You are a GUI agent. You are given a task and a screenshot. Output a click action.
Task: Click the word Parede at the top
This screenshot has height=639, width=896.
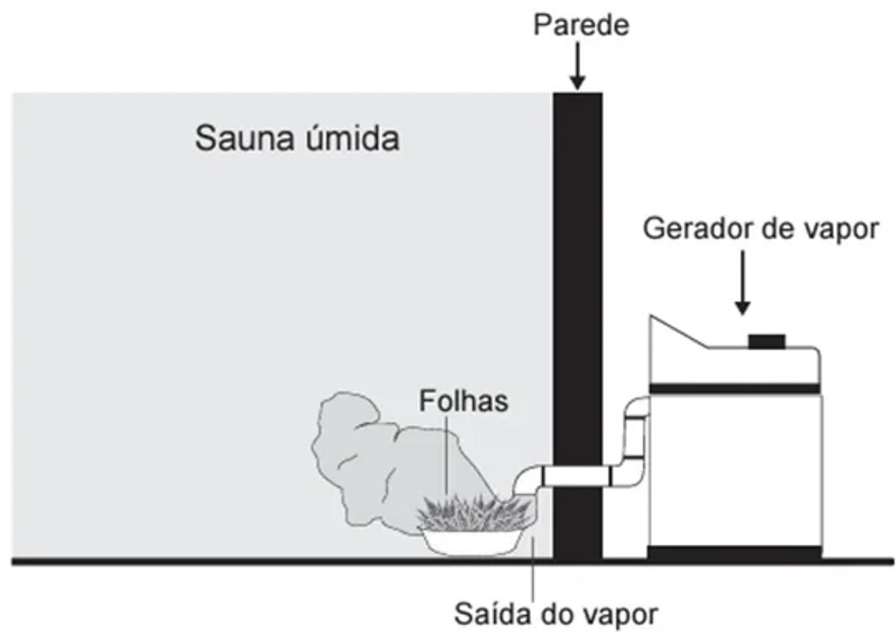[581, 25]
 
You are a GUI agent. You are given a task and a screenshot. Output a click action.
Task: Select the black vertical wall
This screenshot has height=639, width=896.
[576, 299]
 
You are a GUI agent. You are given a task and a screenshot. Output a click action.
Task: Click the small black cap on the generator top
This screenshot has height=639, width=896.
[766, 341]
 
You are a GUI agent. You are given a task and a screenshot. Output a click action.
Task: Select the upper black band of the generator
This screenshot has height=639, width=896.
[735, 388]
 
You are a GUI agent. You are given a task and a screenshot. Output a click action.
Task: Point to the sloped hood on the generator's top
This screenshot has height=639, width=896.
[676, 336]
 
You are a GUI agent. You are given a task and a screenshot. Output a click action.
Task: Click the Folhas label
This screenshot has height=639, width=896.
[463, 400]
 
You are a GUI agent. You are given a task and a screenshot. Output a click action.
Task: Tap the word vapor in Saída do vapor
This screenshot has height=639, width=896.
[620, 614]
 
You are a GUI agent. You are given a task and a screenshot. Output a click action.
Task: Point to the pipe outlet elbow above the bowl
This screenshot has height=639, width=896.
[529, 481]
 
